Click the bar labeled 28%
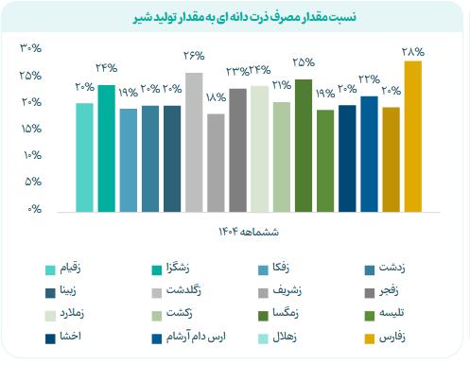pyautogui.click(x=412, y=136)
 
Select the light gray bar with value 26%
pyautogui.click(x=194, y=142)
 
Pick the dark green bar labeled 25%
pyautogui.click(x=303, y=146)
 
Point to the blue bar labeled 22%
pyautogui.click(x=369, y=153)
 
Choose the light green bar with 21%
pyautogui.click(x=281, y=156)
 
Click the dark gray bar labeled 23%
pyautogui.click(x=237, y=149)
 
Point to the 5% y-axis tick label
pyautogui.click(x=33, y=182)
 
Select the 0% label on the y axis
pyautogui.click(x=35, y=208)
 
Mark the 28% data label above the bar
pyautogui.click(x=412, y=52)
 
